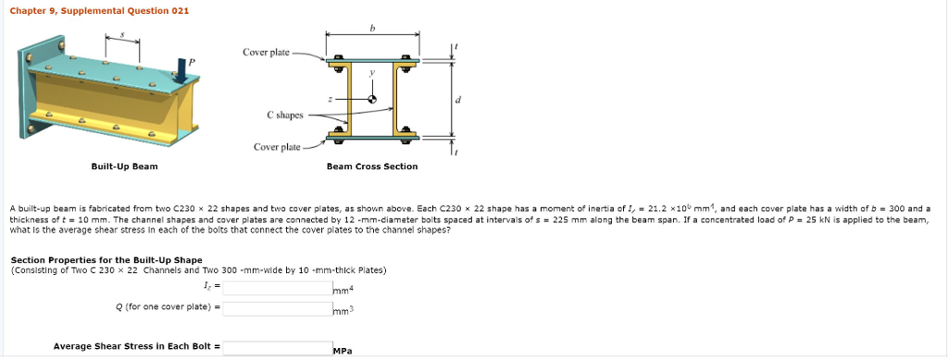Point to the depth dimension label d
pyautogui.click(x=459, y=99)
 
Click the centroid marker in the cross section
pyautogui.click(x=372, y=98)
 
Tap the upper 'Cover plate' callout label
pyautogui.click(x=266, y=52)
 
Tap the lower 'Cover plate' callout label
pyautogui.click(x=277, y=147)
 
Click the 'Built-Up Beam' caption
pyautogui.click(x=124, y=167)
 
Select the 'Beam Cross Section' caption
pyautogui.click(x=372, y=167)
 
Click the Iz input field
pyautogui.click(x=277, y=289)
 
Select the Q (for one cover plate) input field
pyautogui.click(x=277, y=307)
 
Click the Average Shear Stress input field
pyautogui.click(x=277, y=348)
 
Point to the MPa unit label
pyautogui.click(x=343, y=352)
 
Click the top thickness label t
pyautogui.click(x=455, y=46)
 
